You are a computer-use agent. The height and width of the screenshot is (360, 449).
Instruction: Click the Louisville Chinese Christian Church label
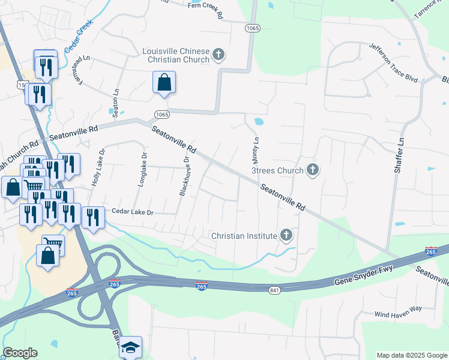176,55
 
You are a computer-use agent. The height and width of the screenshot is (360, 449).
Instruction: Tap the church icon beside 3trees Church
312,170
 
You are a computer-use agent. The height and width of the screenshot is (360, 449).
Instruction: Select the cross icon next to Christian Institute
286,236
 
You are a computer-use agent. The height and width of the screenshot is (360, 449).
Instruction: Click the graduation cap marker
130,347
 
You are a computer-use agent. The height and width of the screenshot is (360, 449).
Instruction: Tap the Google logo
20,353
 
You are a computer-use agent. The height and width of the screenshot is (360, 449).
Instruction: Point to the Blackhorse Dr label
185,176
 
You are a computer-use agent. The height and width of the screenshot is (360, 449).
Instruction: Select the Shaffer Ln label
397,156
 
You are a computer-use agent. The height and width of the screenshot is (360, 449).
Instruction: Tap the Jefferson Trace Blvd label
393,63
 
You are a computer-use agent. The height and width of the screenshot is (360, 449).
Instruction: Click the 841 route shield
274,289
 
